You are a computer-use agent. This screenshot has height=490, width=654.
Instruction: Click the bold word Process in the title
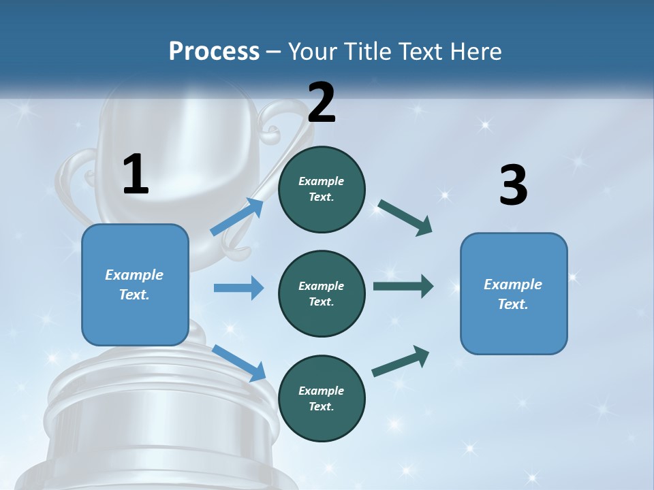[x=214, y=51]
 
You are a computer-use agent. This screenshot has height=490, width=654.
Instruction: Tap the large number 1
[x=136, y=175]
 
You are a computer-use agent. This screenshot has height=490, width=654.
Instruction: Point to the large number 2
[x=322, y=102]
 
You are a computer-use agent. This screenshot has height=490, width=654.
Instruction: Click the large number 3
[x=514, y=186]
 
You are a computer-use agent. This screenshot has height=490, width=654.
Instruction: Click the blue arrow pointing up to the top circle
[x=237, y=217]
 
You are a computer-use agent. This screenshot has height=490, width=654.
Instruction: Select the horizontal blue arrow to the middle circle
[x=238, y=288]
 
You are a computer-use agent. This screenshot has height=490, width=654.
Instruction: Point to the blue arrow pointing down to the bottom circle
[x=238, y=363]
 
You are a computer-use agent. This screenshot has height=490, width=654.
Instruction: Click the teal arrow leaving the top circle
[x=405, y=217]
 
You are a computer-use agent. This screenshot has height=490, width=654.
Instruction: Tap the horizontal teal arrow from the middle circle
[x=403, y=287]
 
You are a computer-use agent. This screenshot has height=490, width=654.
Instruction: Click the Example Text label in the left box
[x=134, y=284]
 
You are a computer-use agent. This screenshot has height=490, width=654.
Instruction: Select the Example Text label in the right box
[x=513, y=294]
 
